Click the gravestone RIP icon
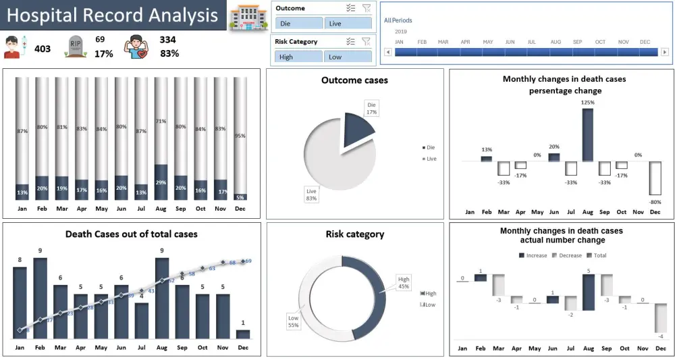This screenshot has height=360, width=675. point(75,47)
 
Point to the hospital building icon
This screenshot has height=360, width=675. point(244,18)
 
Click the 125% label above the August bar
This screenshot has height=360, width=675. point(587,103)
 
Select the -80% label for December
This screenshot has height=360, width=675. point(655,201)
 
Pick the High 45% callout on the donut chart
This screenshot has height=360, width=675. point(404,282)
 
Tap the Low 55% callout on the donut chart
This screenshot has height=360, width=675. point(293,322)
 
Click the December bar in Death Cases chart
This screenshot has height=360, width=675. point(243,334)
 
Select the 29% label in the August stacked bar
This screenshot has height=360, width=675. point(161,182)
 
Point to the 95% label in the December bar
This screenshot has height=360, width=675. point(240,135)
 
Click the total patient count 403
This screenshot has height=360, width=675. point(43,48)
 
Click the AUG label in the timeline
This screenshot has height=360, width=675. point(555,42)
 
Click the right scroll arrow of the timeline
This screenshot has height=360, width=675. point(665,52)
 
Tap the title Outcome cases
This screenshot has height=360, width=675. point(354,80)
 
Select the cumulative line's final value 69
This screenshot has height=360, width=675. point(248,261)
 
